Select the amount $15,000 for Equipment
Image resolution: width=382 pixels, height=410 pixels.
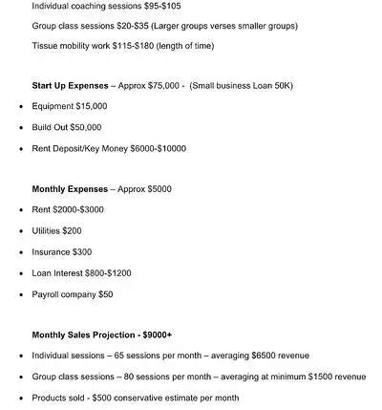click(91, 106)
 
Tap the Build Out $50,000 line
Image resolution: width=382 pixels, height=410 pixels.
click(67, 127)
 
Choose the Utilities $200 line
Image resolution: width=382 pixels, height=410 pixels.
click(57, 230)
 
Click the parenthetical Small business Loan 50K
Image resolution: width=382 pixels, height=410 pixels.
click(241, 85)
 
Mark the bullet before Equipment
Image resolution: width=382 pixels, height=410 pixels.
click(20, 106)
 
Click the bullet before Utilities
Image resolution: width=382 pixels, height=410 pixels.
click(20, 230)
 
